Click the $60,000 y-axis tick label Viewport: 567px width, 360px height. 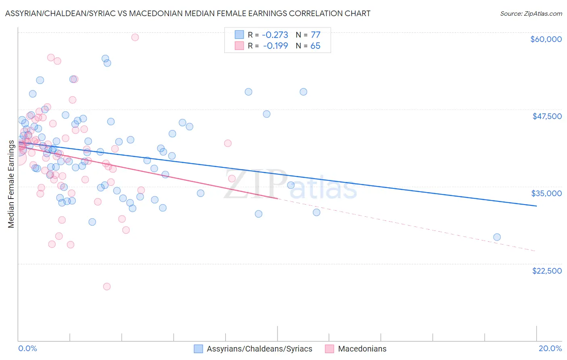[546, 39]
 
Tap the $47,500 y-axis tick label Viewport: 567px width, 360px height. [547, 116]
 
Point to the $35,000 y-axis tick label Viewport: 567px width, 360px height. [546, 193]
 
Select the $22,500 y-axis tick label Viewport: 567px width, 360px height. [547, 271]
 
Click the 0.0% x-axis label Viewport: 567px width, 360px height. [27, 348]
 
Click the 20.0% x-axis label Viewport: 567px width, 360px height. [550, 348]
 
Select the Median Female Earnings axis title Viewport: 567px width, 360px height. [11, 184]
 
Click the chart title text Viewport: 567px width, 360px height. [188, 13]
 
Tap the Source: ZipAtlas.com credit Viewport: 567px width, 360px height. [531, 14]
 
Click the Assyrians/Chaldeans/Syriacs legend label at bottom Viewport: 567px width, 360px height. [259, 349]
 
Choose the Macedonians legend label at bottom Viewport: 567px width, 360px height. [362, 349]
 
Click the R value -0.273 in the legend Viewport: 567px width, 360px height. [275, 35]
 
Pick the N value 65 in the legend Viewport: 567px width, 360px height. [315, 46]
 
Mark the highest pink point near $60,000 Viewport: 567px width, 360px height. [135, 37]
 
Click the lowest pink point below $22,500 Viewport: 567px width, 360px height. [107, 287]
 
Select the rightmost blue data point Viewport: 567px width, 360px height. [497, 237]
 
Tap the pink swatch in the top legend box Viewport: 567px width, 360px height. [239, 46]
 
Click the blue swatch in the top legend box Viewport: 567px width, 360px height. [239, 35]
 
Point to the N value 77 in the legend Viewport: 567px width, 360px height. [315, 35]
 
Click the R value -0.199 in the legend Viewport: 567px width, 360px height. [275, 46]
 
